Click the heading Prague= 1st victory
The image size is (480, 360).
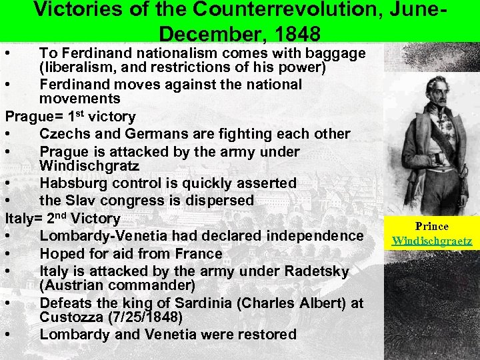(70, 117)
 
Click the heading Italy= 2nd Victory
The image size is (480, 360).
(63, 218)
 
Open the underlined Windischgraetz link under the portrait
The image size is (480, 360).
(432, 240)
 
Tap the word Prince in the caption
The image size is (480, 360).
(432, 227)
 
